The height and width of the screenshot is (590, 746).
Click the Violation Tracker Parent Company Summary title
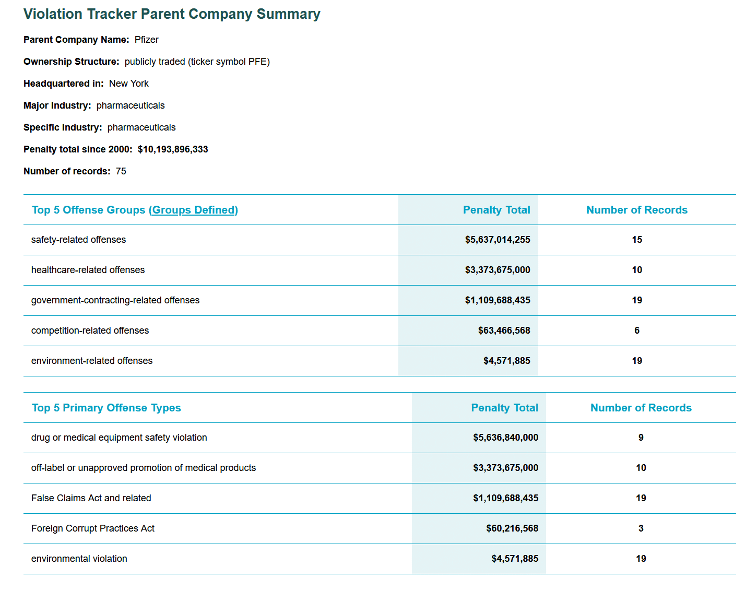(172, 14)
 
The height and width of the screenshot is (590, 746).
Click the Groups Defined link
(193, 210)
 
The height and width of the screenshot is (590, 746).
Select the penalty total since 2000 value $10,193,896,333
(173, 149)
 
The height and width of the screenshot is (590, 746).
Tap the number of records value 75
(121, 171)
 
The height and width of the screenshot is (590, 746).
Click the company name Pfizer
(146, 40)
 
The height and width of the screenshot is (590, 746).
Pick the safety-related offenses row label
(78, 240)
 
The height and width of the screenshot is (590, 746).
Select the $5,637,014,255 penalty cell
(497, 240)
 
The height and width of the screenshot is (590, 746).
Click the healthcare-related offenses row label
(88, 270)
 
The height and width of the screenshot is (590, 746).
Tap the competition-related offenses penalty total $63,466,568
(504, 331)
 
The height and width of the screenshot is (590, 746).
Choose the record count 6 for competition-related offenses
(637, 331)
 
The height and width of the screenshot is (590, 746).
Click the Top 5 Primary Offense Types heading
(106, 408)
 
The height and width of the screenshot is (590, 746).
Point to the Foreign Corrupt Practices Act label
(93, 528)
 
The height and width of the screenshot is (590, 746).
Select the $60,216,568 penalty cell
(512, 528)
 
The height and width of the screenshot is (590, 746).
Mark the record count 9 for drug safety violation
(641, 438)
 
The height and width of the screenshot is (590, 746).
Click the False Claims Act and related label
(91, 498)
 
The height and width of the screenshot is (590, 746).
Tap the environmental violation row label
(79, 559)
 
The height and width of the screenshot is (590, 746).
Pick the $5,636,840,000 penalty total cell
(505, 438)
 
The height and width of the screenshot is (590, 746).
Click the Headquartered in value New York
(129, 84)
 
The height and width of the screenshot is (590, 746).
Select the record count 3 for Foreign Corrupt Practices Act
(641, 528)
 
